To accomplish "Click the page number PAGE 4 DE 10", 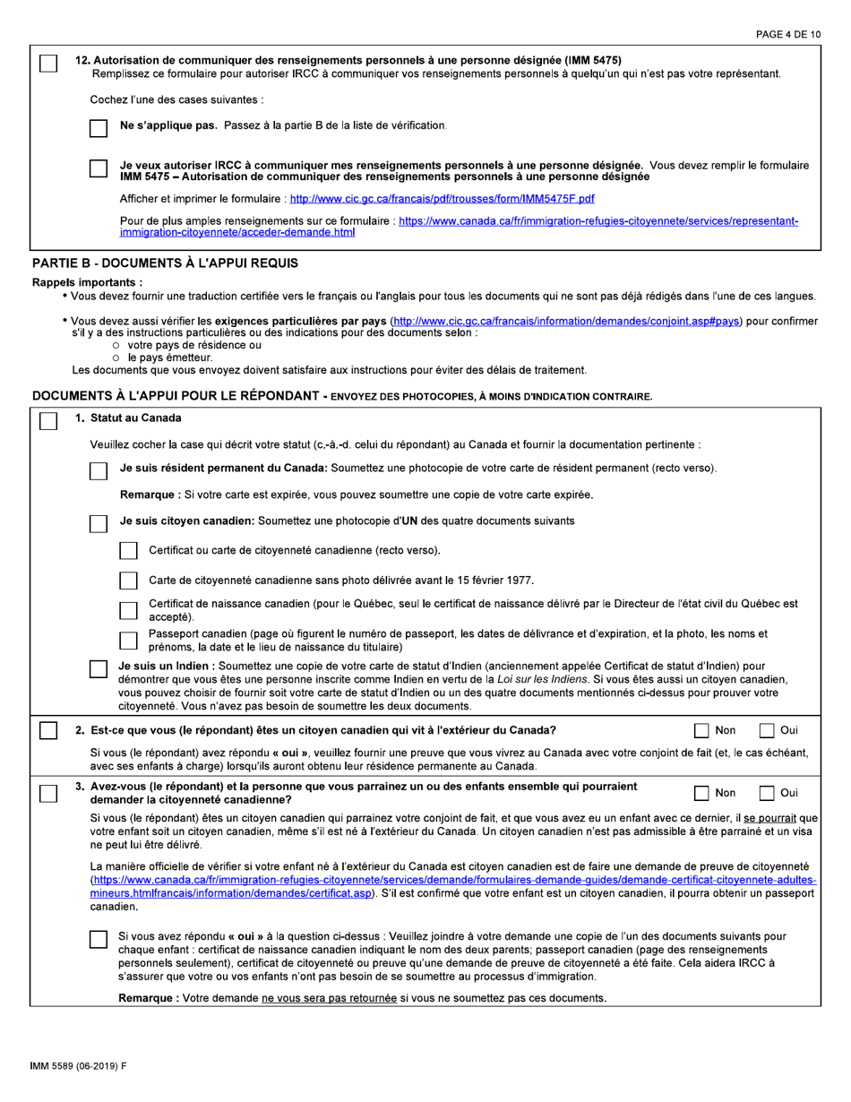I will coord(788,34).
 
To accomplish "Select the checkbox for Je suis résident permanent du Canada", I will coord(99,469).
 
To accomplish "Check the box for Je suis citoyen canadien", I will coord(99,521).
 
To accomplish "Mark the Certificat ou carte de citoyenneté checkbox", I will coord(128,549).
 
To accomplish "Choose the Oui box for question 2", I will coord(769,729).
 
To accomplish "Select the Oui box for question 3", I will coord(769,792).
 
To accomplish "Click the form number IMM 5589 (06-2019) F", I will coord(78,1065).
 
